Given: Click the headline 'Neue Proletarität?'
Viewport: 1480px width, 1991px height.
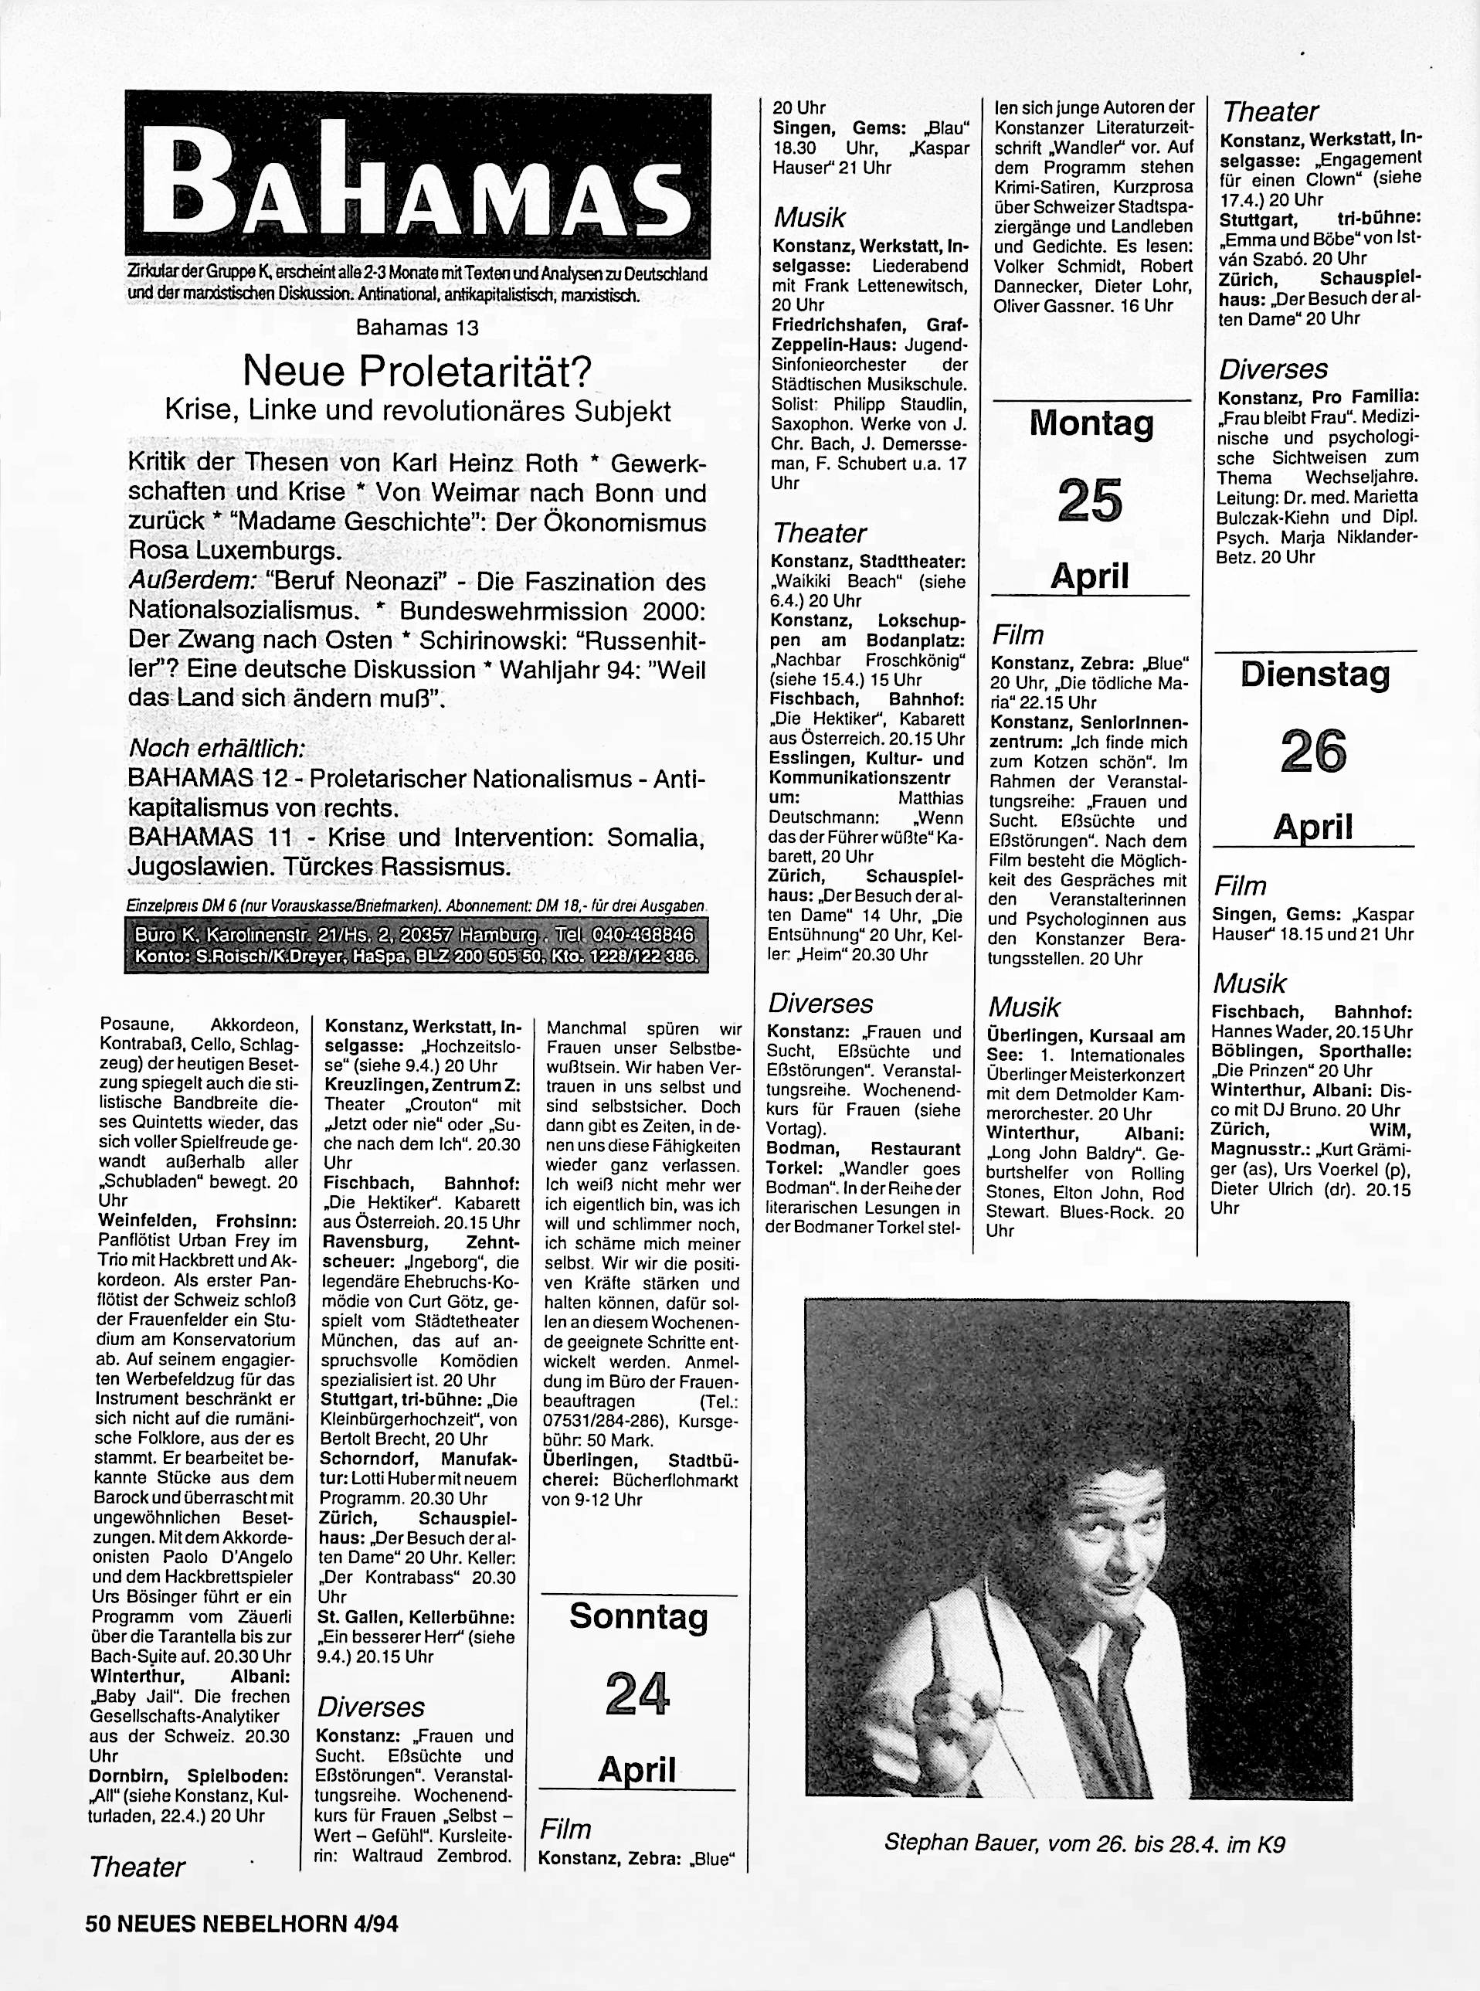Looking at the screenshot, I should (x=417, y=369).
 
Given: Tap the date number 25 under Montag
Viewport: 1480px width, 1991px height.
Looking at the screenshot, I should (x=1089, y=500).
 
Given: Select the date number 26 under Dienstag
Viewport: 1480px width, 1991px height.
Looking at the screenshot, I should (x=1313, y=751).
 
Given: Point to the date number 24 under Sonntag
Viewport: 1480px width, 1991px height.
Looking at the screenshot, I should (x=637, y=1693).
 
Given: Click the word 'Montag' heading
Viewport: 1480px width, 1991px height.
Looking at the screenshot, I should (x=1090, y=423).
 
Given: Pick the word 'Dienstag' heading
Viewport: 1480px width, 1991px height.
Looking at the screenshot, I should (x=1314, y=674).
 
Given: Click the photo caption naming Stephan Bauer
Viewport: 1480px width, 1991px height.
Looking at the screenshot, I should (x=1085, y=1843).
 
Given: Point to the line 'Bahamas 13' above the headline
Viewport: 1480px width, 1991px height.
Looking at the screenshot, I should (x=417, y=328).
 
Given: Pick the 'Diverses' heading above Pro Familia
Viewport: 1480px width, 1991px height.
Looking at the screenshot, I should (x=1273, y=369).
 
